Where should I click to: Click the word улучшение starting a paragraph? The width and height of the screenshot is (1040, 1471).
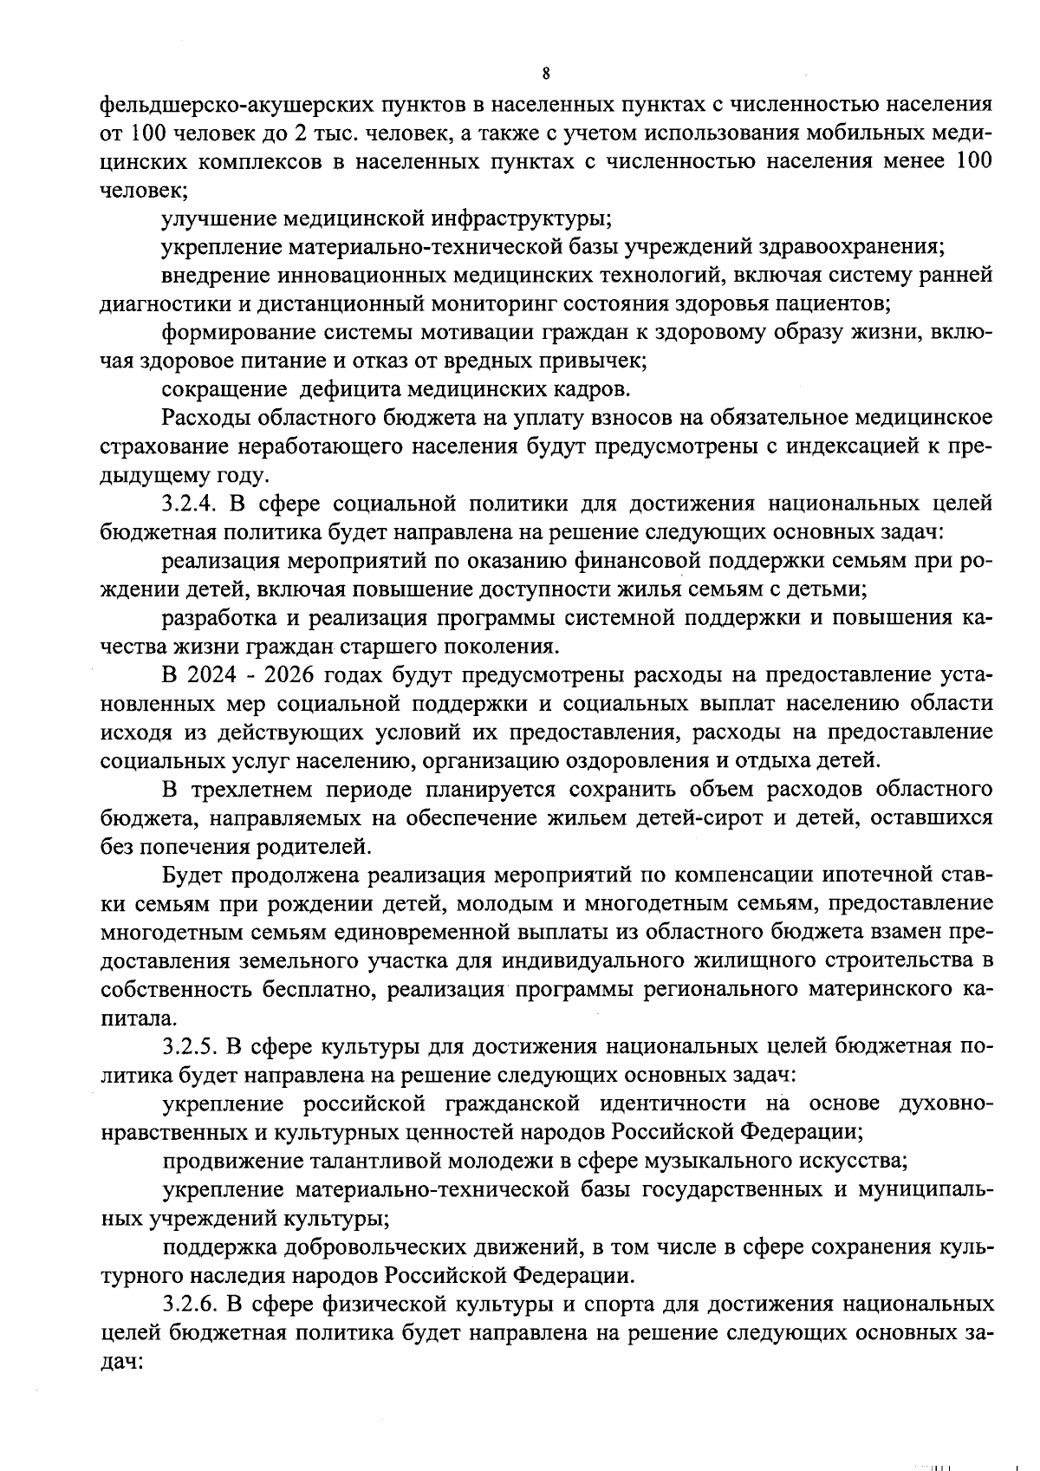219,218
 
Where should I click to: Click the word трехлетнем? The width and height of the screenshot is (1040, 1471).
250,789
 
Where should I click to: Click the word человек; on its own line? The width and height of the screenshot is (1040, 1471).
133,191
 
